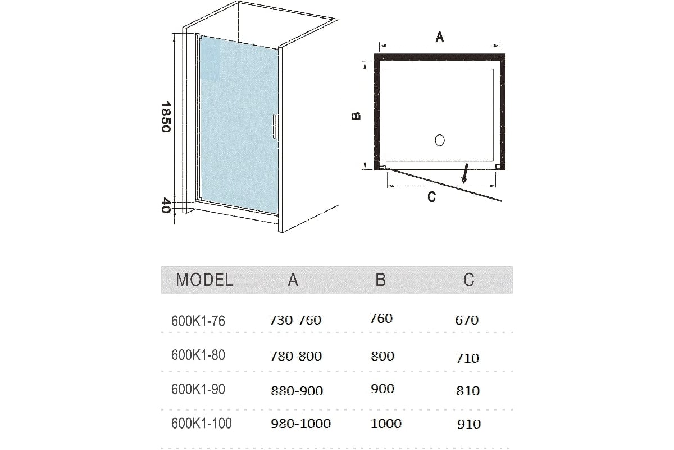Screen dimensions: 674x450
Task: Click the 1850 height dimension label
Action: [166, 116]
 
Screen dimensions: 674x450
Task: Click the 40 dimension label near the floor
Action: [166, 205]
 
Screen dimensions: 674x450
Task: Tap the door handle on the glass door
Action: [274, 127]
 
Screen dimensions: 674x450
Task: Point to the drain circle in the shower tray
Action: [440, 140]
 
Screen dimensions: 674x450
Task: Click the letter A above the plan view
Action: [440, 37]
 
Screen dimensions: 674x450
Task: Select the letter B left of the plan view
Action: [356, 116]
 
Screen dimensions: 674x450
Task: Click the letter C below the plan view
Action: [431, 197]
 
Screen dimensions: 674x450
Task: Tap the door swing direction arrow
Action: [465, 173]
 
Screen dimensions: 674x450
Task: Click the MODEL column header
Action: [204, 280]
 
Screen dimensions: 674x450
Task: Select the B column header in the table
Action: [381, 280]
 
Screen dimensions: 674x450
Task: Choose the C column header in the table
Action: [468, 280]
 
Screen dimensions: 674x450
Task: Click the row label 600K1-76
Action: [198, 321]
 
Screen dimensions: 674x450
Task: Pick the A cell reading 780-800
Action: [296, 356]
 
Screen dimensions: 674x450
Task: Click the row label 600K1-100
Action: [202, 424]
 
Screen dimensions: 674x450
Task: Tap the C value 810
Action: [467, 391]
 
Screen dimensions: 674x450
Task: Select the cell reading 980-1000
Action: [300, 424]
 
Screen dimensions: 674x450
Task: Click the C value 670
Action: [467, 320]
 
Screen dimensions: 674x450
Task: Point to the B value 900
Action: [382, 389]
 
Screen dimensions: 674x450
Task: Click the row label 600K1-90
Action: [198, 389]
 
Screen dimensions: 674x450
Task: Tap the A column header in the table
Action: [293, 280]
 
